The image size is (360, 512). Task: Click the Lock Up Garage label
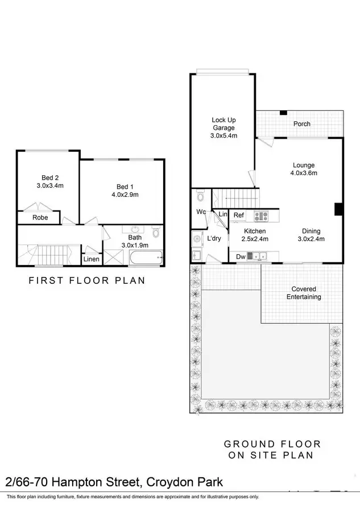[x=224, y=124]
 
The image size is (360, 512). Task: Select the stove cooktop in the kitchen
[x=261, y=216]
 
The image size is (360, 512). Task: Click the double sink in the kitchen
[x=261, y=257]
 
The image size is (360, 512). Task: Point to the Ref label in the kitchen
[x=239, y=216]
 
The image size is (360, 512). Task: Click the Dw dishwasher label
[x=241, y=257]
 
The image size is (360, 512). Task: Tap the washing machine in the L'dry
[x=197, y=238]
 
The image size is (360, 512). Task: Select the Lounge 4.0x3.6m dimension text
[x=304, y=173]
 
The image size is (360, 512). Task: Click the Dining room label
[x=311, y=231]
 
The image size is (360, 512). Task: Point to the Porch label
[x=301, y=124]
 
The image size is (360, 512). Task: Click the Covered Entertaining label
[x=304, y=293]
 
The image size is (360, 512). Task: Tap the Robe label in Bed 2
[x=40, y=217]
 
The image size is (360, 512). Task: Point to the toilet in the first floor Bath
[x=156, y=233]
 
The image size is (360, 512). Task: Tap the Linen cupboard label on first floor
[x=92, y=259]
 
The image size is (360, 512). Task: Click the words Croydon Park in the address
[x=184, y=483]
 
